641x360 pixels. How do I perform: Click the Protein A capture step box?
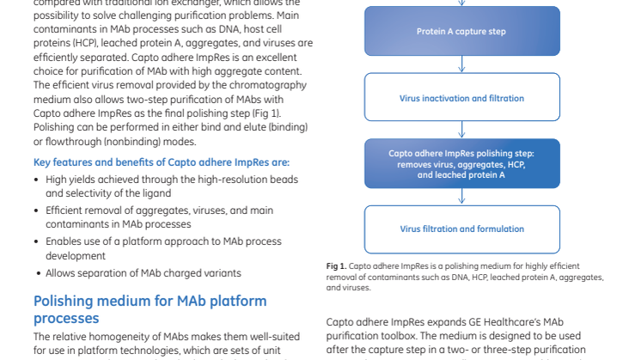[x=461, y=32]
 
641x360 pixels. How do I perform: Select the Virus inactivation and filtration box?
[x=461, y=98]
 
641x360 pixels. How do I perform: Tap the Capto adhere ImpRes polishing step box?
[x=461, y=163]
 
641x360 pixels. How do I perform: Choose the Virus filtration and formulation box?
[x=461, y=229]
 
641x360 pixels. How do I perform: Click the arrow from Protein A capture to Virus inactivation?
[x=461, y=64]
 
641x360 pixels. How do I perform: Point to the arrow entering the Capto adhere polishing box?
[x=461, y=130]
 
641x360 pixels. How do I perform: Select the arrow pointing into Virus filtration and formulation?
[x=461, y=197]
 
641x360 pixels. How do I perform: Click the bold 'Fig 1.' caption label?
[x=336, y=267]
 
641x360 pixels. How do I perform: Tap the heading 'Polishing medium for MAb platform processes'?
[x=150, y=309]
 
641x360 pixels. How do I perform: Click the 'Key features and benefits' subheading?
[x=161, y=162]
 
